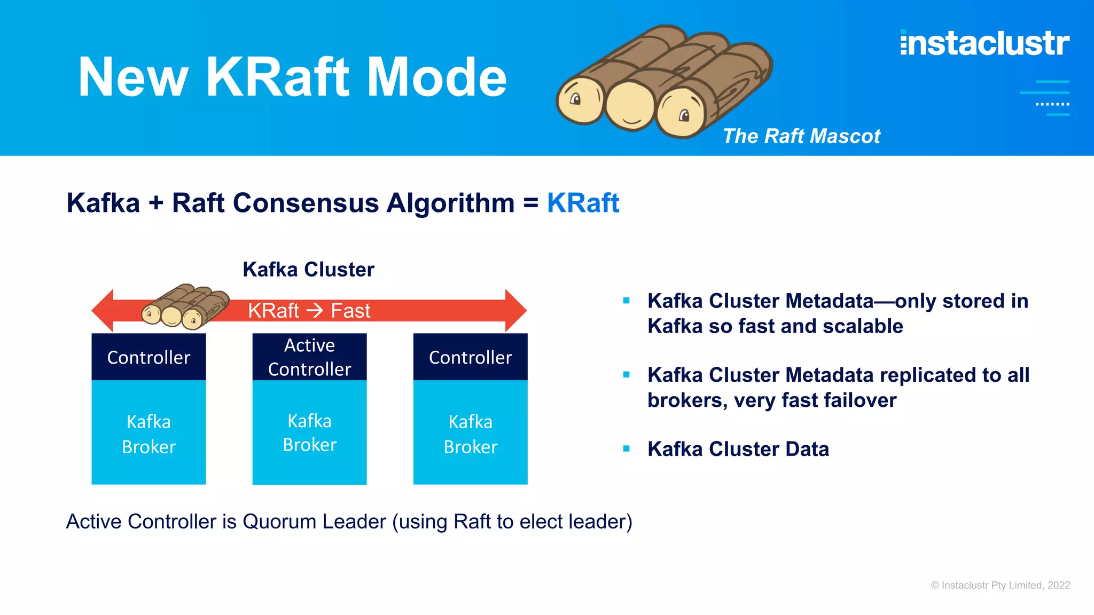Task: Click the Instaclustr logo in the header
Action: pyautogui.click(x=984, y=44)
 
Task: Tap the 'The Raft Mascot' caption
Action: pyautogui.click(x=801, y=136)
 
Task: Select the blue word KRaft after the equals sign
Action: pyautogui.click(x=583, y=203)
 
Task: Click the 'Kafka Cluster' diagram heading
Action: pyautogui.click(x=308, y=270)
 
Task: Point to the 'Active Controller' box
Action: pyautogui.click(x=309, y=357)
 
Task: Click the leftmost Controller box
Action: pyautogui.click(x=149, y=357)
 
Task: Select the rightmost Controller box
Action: pyautogui.click(x=470, y=357)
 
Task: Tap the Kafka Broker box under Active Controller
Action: pyautogui.click(x=309, y=432)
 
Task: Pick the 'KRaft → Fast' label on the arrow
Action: pyautogui.click(x=309, y=311)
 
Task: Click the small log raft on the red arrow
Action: pyautogui.click(x=184, y=307)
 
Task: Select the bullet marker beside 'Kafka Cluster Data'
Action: pyautogui.click(x=626, y=449)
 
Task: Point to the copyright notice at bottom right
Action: pyautogui.click(x=1000, y=585)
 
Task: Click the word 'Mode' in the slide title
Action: pyautogui.click(x=436, y=77)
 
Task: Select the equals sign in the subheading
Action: pyautogui.click(x=530, y=203)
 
